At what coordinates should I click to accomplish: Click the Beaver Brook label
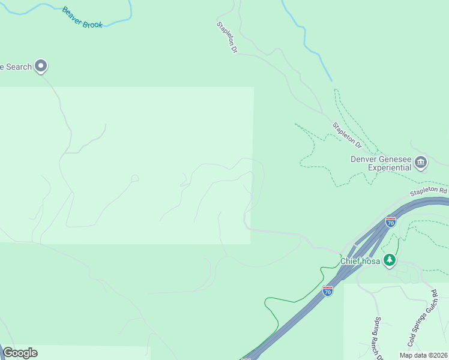83,18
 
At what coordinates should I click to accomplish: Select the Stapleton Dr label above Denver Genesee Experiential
348,135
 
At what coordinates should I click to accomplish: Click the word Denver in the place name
365,159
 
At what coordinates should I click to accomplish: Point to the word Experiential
390,167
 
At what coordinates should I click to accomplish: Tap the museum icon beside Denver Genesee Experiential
420,161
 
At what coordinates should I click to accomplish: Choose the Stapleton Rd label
429,191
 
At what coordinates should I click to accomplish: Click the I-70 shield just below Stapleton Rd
391,223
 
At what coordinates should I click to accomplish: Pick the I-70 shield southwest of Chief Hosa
328,291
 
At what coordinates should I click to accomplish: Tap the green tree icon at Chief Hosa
390,260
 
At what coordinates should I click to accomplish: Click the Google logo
20,353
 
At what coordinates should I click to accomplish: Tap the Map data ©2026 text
423,355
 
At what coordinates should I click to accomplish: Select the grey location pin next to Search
41,65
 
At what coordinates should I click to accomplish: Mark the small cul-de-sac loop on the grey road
135,178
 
